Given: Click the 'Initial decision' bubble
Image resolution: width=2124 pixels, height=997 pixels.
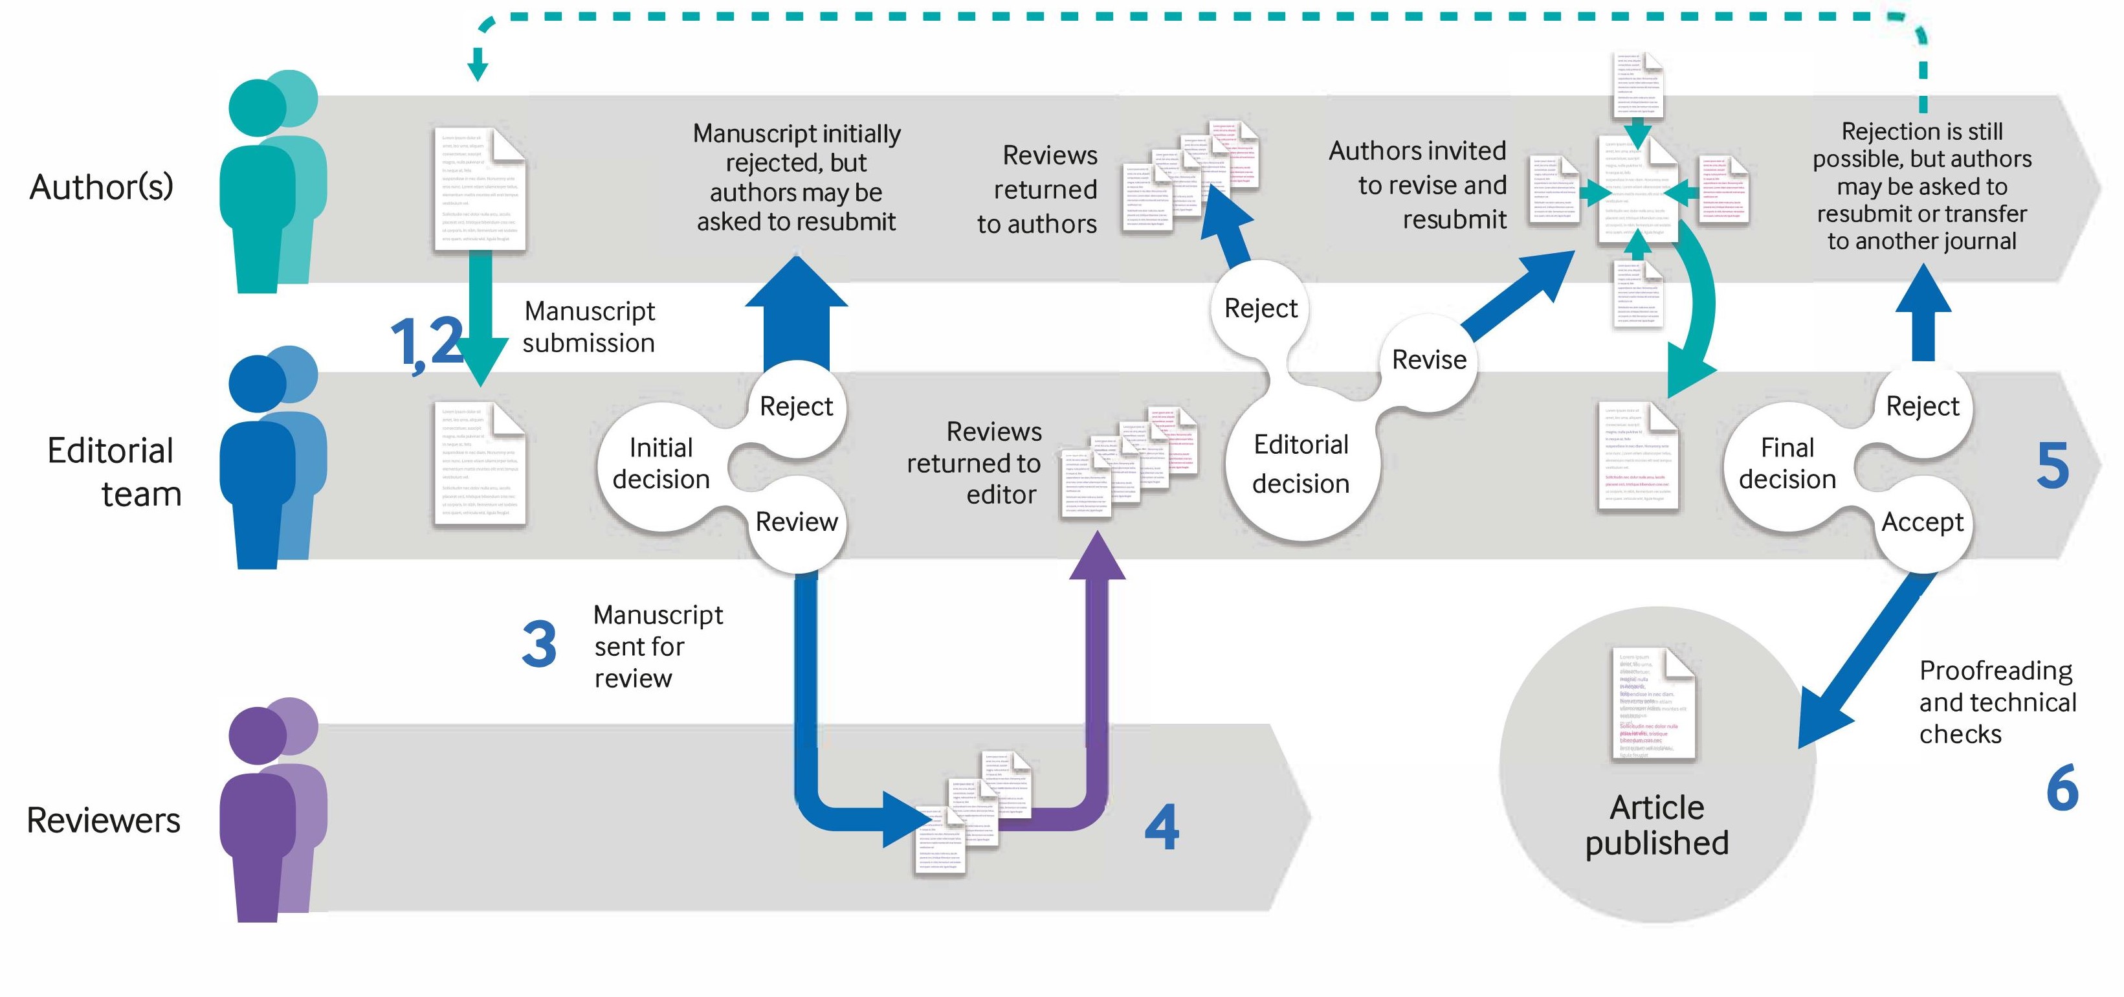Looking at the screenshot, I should click(x=661, y=464).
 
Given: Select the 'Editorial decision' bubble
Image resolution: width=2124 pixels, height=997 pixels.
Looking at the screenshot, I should click(x=1300, y=464).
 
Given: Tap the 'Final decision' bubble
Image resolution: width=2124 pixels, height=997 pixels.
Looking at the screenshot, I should click(x=1787, y=464).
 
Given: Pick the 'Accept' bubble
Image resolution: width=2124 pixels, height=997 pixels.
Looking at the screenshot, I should click(x=1922, y=522).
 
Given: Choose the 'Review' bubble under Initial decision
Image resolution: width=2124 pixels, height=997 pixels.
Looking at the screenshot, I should click(x=795, y=522).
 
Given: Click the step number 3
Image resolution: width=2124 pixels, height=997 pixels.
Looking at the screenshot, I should click(x=539, y=645).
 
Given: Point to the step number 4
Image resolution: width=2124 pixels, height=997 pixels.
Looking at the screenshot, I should click(x=1162, y=827).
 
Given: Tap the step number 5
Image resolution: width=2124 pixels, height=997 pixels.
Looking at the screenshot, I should click(x=2052, y=466).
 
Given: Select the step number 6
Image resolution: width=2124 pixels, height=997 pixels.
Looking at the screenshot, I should click(x=2061, y=789).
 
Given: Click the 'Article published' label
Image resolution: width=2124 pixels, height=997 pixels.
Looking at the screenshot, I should click(x=1657, y=825).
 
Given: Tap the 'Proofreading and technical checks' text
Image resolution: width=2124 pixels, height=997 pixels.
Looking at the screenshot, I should click(x=1997, y=702).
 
